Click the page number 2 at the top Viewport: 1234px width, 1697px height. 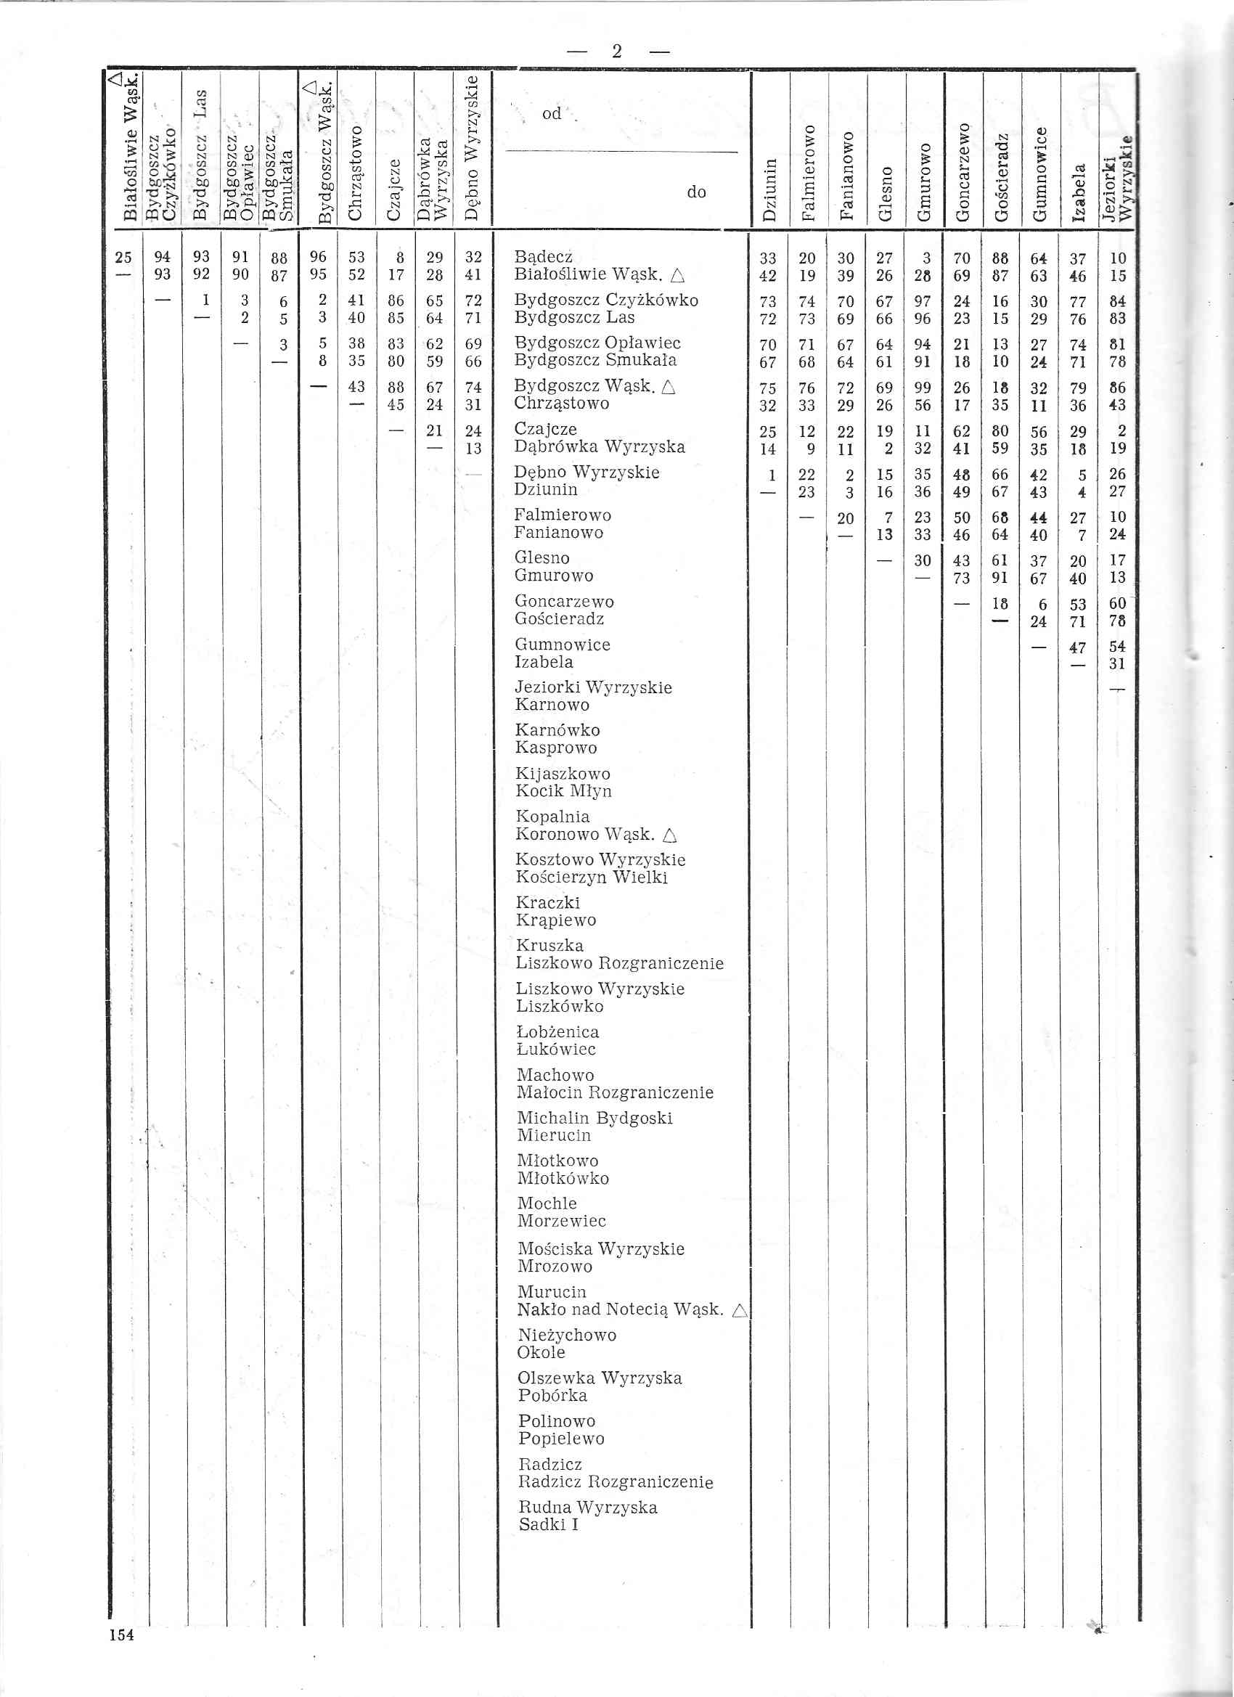pos(616,51)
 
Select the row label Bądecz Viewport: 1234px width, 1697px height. pos(543,258)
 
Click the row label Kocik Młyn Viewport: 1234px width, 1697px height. pos(563,791)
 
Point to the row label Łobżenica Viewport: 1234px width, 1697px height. pos(557,1032)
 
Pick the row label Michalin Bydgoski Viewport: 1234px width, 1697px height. pos(595,1118)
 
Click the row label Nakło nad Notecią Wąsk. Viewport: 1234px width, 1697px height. pos(621,1309)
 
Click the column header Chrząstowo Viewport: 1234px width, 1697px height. pos(356,173)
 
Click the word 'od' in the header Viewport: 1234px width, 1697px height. pos(552,114)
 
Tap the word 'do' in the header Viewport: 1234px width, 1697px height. pos(696,192)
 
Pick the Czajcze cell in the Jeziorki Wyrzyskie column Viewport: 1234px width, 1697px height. pos(1120,431)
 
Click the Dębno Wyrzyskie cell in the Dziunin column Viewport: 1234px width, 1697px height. pos(771,475)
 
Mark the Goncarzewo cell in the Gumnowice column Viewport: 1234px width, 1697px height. pos(1039,603)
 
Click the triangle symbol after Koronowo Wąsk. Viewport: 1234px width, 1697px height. pos(669,835)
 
